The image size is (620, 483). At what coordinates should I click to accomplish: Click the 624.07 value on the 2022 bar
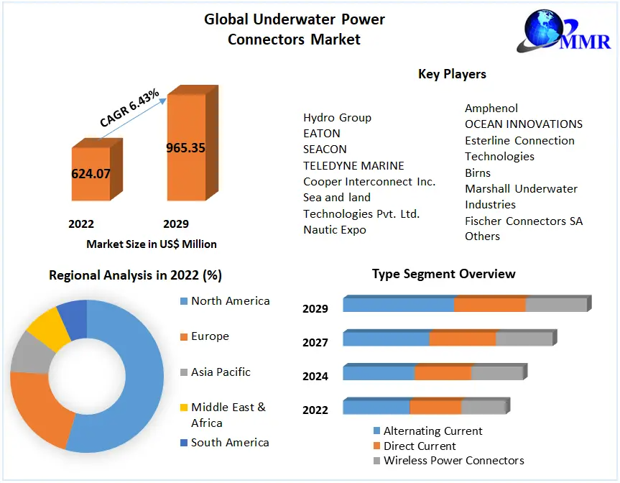tap(91, 173)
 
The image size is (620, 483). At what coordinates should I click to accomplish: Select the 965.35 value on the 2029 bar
tap(185, 148)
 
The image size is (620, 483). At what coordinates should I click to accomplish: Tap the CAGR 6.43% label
tap(129, 109)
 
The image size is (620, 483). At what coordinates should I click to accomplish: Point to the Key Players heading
tap(452, 74)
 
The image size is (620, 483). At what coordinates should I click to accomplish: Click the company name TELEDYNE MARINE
tap(353, 165)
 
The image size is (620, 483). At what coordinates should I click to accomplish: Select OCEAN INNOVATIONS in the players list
tap(523, 124)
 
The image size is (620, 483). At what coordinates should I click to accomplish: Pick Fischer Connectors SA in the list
tap(523, 221)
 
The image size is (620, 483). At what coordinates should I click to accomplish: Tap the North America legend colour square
tap(184, 301)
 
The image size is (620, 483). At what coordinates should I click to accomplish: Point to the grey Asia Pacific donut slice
tap(28, 354)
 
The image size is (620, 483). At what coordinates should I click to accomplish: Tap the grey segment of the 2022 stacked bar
tap(483, 408)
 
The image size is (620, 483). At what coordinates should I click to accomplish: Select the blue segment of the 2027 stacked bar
tap(387, 339)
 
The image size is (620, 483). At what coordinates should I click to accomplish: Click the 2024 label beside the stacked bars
tap(315, 376)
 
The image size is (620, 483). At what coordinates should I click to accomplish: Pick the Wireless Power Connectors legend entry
tap(453, 460)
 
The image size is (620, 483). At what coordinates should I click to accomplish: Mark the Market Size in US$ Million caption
tap(152, 244)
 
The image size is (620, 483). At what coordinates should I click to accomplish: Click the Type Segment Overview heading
tap(443, 274)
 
